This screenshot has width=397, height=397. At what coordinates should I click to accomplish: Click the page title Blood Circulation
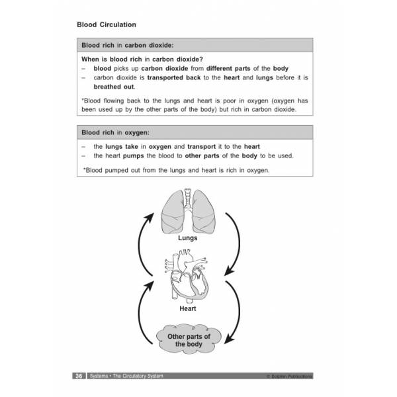click(x=107, y=24)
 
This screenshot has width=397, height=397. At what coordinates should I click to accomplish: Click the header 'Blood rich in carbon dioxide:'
click(x=126, y=46)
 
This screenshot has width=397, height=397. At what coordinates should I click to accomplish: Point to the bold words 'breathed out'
click(x=114, y=87)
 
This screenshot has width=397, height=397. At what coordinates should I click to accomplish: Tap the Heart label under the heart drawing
click(x=188, y=308)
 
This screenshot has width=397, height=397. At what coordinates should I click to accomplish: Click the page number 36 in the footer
click(x=78, y=376)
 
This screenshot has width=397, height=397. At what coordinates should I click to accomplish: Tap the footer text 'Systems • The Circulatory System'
click(x=126, y=376)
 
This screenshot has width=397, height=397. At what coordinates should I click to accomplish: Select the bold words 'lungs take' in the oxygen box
click(x=124, y=146)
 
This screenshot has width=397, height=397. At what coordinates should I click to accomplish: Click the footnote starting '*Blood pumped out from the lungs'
click(x=176, y=170)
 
